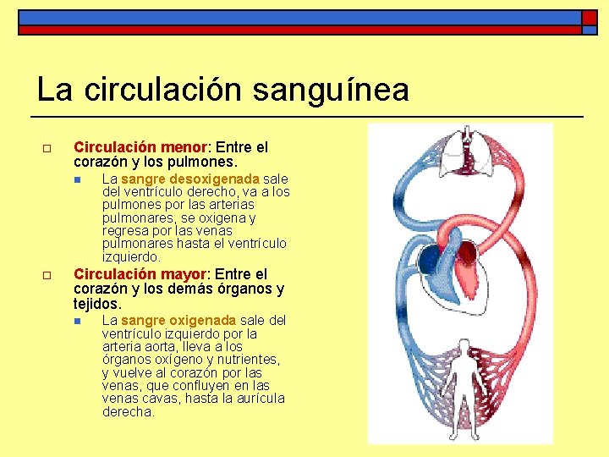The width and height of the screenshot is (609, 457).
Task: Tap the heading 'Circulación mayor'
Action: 140,274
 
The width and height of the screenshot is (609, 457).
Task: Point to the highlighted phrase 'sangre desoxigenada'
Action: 190,179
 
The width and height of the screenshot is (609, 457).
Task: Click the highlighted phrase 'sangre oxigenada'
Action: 178,320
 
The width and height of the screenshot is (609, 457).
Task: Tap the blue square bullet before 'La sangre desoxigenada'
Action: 77,179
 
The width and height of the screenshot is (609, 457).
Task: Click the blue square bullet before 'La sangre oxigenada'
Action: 77,321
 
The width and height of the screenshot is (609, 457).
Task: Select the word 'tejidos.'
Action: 97,303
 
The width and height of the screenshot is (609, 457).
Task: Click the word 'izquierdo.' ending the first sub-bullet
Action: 131,256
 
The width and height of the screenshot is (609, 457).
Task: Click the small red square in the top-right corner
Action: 589,17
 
